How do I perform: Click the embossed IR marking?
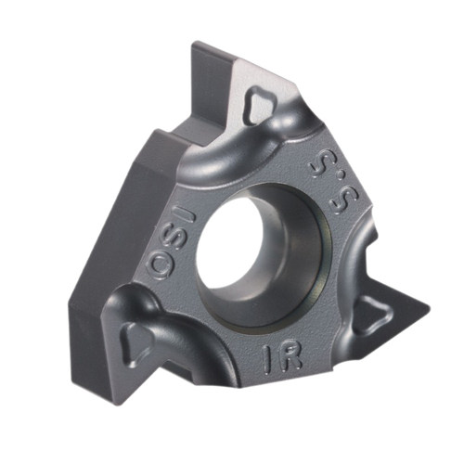click(x=282, y=358)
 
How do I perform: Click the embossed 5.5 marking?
click(x=335, y=185)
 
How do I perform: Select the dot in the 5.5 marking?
click(x=342, y=176)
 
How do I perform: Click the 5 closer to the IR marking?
click(x=344, y=202)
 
